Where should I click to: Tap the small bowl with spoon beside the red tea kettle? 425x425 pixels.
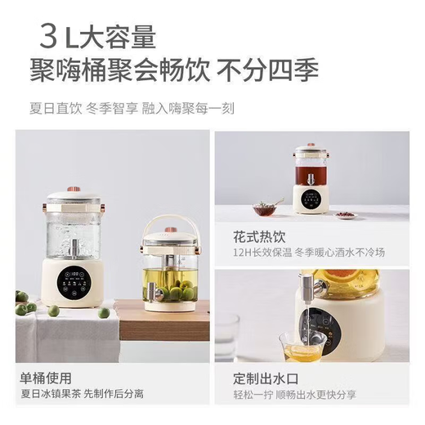(265, 209)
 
